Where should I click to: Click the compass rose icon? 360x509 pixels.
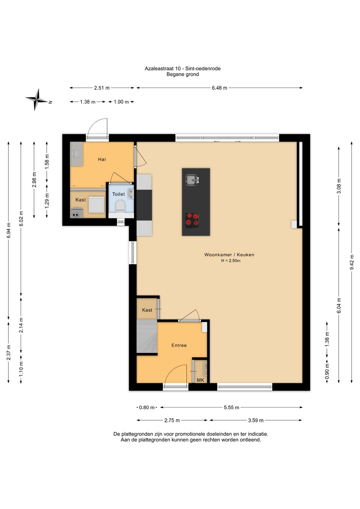[x=37, y=100]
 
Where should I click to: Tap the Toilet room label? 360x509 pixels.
[x=119, y=194]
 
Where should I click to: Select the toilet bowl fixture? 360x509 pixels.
[x=120, y=206]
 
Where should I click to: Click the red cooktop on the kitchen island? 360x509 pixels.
[x=192, y=220]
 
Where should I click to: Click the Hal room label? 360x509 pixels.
[x=102, y=159]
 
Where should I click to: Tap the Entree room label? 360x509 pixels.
[x=179, y=345]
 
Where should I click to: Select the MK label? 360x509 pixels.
[x=200, y=380]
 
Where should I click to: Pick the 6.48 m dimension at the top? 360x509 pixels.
[x=219, y=88]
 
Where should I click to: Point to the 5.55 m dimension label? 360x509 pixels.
[x=231, y=407]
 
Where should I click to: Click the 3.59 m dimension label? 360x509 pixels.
[x=256, y=420]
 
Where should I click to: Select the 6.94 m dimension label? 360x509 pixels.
[x=9, y=230]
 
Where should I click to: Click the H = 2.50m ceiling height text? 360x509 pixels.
[x=231, y=261]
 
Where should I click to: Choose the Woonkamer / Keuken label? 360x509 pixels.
[x=229, y=255]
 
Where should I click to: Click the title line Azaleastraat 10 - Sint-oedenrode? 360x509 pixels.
[x=183, y=68]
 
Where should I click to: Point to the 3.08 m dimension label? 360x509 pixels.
[x=339, y=186]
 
